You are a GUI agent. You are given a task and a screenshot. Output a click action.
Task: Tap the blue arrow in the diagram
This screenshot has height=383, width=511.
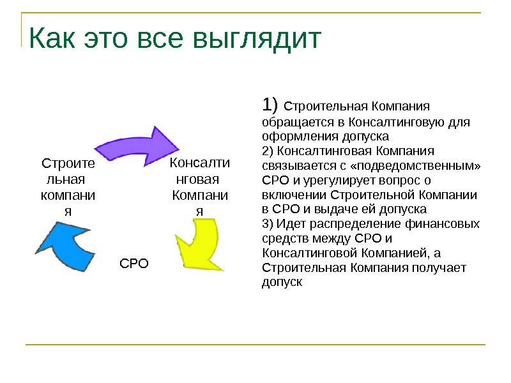[64, 245]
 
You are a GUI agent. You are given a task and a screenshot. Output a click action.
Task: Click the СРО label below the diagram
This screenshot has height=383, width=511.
[134, 262]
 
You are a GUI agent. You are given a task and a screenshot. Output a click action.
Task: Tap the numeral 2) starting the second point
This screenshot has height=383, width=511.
[267, 151]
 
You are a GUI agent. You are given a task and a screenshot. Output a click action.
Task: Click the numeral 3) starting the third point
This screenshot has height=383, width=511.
[267, 223]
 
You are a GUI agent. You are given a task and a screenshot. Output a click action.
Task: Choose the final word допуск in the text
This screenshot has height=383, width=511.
[282, 282]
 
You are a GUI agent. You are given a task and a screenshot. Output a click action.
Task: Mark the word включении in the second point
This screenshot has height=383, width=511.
[291, 195]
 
